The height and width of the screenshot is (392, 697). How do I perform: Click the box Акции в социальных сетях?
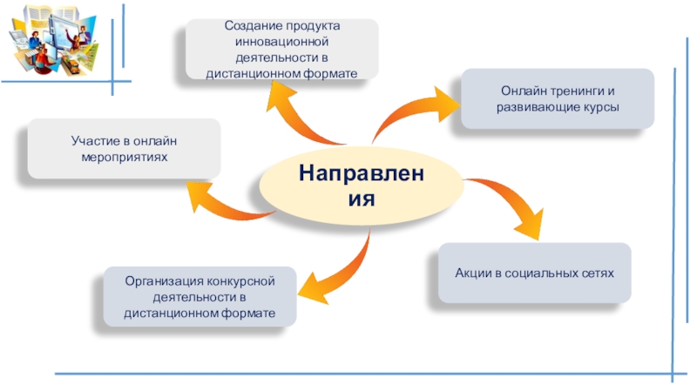(x=534, y=273)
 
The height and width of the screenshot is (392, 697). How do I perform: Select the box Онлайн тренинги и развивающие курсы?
(x=558, y=99)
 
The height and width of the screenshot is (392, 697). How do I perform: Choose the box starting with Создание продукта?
(x=281, y=51)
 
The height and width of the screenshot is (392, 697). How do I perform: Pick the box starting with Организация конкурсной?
(x=200, y=297)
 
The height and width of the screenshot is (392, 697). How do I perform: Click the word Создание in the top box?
(x=251, y=27)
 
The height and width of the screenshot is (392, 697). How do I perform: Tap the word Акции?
(x=472, y=274)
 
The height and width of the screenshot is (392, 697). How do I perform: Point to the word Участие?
(x=92, y=141)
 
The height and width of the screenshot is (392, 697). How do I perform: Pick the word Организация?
(x=161, y=281)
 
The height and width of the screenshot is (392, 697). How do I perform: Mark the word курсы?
(x=601, y=107)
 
